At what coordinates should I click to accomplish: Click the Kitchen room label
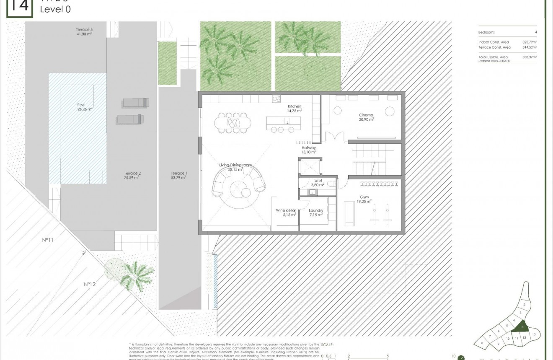coord(295,106)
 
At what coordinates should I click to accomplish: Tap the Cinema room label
coord(366,115)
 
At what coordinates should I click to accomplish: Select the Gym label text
coord(364,197)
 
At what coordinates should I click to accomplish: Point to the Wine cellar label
coord(286,211)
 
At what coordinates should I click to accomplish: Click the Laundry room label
coord(315,211)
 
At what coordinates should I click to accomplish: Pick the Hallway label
coord(308,148)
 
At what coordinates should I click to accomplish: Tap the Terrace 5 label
coord(84,30)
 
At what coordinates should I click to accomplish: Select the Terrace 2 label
coord(132,173)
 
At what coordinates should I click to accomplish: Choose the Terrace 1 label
coord(178,173)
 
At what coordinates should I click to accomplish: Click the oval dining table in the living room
coord(233,122)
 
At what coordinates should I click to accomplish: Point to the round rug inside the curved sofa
coord(239,189)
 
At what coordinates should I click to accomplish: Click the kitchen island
coord(283,122)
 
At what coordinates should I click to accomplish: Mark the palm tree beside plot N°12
coord(135,274)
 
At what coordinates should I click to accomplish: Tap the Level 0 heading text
coord(55,9)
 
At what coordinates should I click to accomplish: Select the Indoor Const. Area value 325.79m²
coord(530,42)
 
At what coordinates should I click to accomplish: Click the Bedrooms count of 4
coord(536,32)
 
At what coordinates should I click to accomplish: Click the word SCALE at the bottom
coord(327,344)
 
